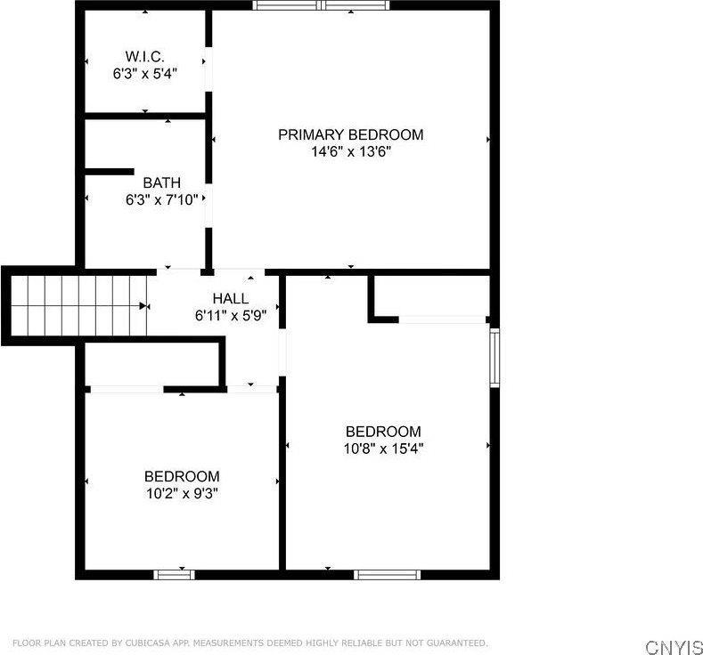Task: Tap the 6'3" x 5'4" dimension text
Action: [x=145, y=73]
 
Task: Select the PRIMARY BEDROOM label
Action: [x=350, y=134]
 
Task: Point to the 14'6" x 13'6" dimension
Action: [x=350, y=151]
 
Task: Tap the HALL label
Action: [x=231, y=298]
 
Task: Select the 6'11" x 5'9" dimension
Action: [x=231, y=315]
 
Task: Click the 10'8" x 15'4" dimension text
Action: [x=383, y=449]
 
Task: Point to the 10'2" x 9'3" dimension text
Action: [x=182, y=492]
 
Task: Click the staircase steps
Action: [x=76, y=304]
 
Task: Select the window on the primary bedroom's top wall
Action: [x=321, y=5]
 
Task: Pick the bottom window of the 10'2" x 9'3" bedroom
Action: [x=175, y=574]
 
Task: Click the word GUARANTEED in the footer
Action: [x=455, y=643]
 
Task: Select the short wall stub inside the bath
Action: [x=108, y=172]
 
